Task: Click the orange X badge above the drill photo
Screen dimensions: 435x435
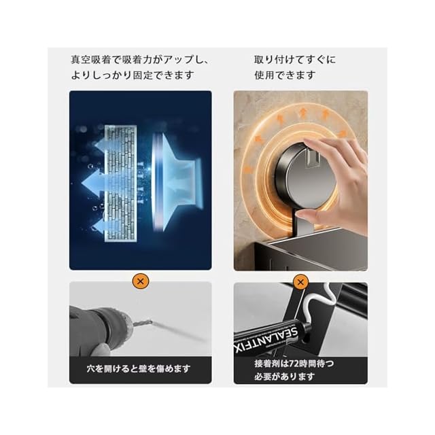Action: point(141,281)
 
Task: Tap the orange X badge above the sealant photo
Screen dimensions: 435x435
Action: point(300,282)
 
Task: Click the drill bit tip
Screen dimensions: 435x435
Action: point(151,322)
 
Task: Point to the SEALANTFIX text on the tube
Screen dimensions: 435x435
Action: point(266,341)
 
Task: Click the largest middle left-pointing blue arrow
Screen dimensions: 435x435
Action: point(94,184)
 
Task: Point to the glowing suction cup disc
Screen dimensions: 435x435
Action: point(158,184)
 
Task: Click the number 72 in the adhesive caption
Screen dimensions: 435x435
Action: point(294,364)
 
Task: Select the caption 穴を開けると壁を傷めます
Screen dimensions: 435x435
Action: point(139,368)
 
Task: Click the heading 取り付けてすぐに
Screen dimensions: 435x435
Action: point(295,60)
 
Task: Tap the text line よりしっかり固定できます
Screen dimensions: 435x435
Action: point(133,75)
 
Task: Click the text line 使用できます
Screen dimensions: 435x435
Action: point(285,75)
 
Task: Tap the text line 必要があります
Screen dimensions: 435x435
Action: point(285,377)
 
